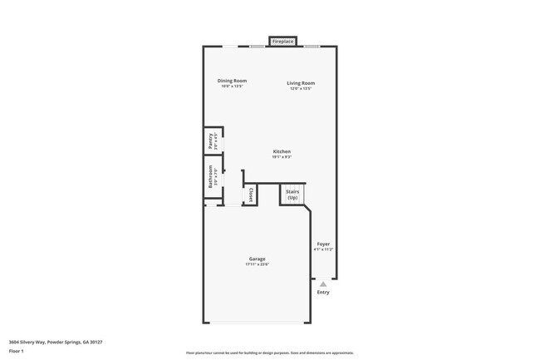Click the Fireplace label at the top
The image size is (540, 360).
tap(283, 41)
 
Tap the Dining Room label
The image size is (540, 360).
tap(232, 81)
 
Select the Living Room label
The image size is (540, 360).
tap(301, 82)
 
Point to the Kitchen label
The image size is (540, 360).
tap(282, 151)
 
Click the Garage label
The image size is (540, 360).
tap(257, 259)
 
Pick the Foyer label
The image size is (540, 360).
tap(323, 244)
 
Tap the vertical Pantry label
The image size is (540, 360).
tap(210, 142)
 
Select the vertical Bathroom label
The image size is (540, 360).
tap(210, 180)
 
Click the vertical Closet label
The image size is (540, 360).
tap(251, 195)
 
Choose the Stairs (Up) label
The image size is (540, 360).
tap(292, 194)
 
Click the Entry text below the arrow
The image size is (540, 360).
tap(323, 292)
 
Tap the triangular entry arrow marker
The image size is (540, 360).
tap(323, 284)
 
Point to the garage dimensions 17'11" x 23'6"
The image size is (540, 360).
tap(257, 264)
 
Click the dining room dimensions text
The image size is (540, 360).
tap(232, 86)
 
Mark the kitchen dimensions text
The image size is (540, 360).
tap(282, 156)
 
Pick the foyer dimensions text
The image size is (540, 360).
tap(323, 249)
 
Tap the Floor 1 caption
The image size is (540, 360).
tap(17, 351)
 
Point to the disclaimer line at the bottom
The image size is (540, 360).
tap(269, 353)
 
